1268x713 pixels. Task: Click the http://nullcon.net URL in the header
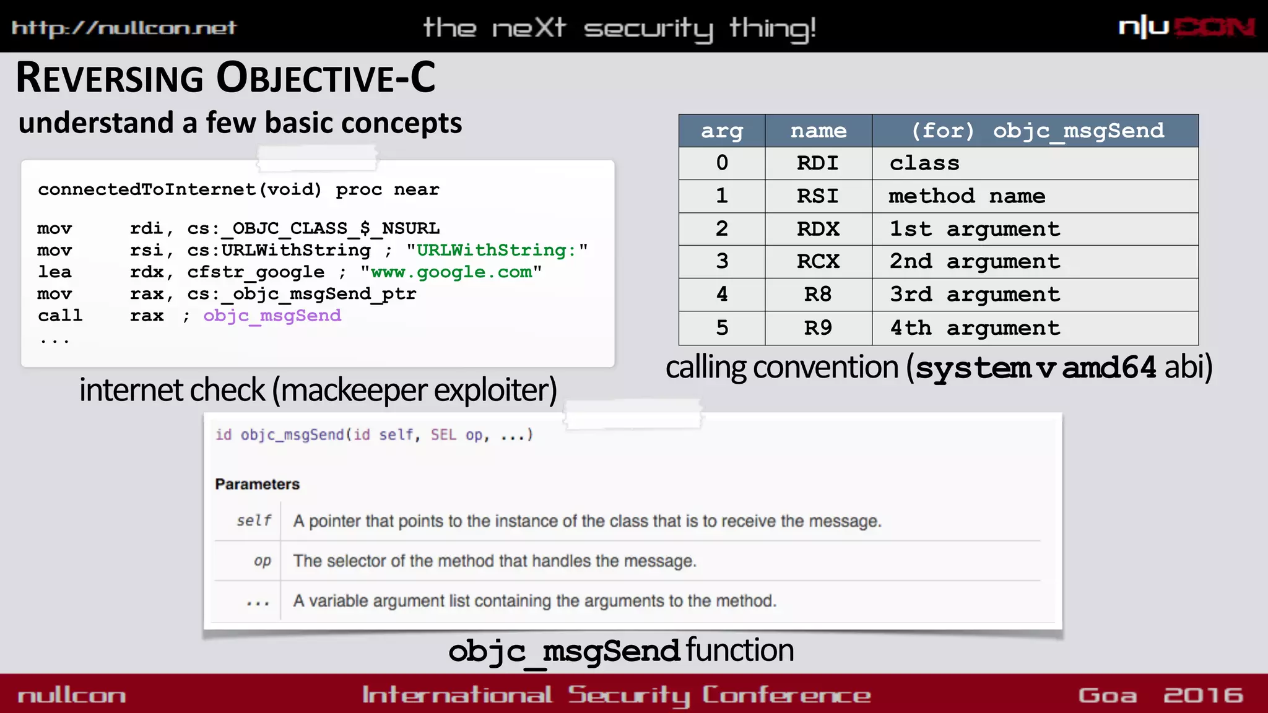[x=124, y=28]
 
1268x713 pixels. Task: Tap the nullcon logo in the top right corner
[x=1186, y=27]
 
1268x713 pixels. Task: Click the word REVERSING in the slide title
[x=110, y=79]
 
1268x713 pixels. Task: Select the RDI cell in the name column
[x=817, y=163]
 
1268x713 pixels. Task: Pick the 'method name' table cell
[x=966, y=196]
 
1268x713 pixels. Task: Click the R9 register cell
[x=817, y=327]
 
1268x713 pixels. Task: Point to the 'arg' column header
[x=721, y=131]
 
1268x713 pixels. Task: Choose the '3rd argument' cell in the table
[x=975, y=295]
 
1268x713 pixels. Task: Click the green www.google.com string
[x=451, y=272]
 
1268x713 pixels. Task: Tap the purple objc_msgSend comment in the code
[x=272, y=316]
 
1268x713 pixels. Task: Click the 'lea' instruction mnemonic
[x=54, y=272]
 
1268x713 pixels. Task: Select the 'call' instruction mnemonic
[x=60, y=316]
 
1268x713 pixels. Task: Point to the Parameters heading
[x=257, y=484]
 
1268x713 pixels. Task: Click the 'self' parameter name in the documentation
[x=254, y=521]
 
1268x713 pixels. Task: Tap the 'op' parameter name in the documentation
[x=262, y=561]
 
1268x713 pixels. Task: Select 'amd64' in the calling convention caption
[x=1109, y=368]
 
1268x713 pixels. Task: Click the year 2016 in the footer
[x=1202, y=695]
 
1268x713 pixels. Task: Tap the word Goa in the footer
[x=1107, y=695]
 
